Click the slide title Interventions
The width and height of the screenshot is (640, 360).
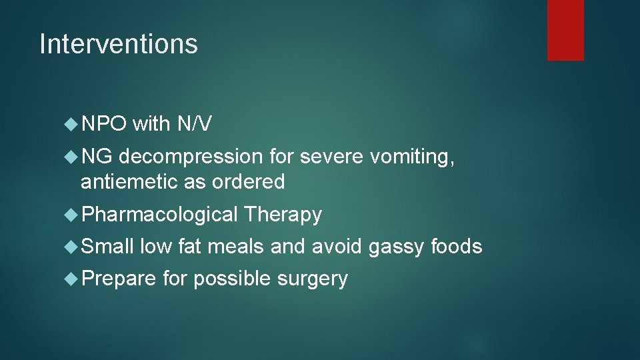(119, 45)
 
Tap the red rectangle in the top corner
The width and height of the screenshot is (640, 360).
(565, 30)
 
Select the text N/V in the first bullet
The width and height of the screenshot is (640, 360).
(195, 124)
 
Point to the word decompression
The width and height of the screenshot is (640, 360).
(192, 157)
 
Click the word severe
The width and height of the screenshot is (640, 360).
(333, 157)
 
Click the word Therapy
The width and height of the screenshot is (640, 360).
(283, 215)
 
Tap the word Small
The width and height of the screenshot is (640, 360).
(107, 247)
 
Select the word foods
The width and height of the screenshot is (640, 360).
(456, 247)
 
